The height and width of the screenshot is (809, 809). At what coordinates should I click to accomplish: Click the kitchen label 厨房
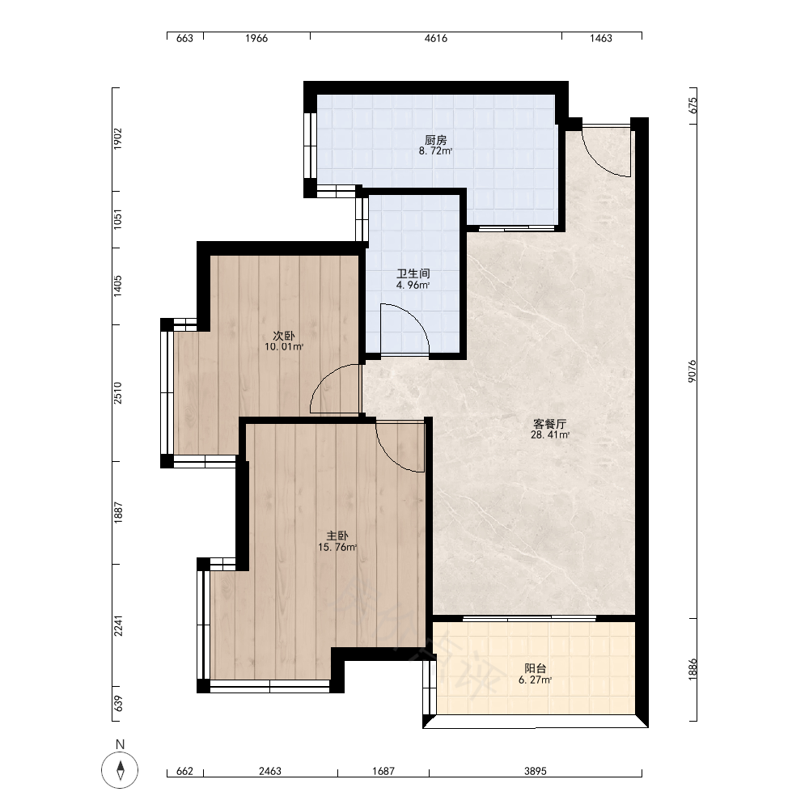435,140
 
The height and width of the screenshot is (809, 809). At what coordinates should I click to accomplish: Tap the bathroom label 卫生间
413,273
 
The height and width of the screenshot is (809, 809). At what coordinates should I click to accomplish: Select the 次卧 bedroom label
284,336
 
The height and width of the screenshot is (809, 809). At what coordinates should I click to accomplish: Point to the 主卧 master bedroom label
337,536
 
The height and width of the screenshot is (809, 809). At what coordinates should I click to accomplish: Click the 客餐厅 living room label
549,424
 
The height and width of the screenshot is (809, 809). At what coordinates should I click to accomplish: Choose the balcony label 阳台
535,669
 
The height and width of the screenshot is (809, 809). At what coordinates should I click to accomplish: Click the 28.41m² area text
550,435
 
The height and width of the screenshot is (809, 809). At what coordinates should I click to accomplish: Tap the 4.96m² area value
413,285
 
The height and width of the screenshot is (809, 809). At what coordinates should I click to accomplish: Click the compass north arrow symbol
121,770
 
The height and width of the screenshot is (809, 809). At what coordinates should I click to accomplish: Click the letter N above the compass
121,744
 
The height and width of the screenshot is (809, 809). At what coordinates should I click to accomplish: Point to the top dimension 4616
436,38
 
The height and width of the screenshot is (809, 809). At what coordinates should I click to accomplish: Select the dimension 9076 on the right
693,371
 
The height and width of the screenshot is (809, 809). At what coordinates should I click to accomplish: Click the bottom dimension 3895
536,771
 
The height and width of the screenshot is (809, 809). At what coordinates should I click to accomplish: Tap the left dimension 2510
118,392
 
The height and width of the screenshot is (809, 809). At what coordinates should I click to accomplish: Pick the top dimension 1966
256,38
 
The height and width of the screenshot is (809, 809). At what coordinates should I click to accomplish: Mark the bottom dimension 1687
383,771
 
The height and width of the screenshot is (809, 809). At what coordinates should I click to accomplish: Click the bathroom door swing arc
413,316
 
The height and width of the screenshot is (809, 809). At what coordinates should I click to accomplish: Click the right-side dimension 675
693,105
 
